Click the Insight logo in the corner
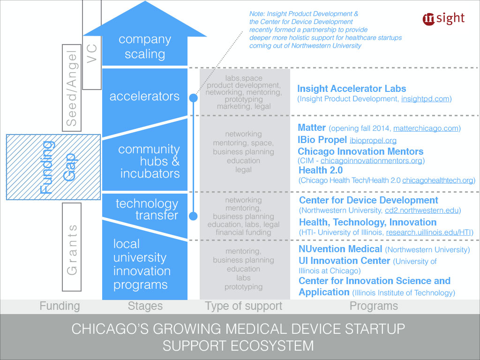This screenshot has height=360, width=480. (443, 18)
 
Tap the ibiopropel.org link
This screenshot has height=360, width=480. (373, 140)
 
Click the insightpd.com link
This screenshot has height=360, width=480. (426, 99)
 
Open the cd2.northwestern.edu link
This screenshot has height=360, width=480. (422, 210)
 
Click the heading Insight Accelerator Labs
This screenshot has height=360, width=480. (352, 89)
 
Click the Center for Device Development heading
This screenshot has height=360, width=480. (368, 200)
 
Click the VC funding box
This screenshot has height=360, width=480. (91, 45)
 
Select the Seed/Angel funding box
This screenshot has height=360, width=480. (72, 87)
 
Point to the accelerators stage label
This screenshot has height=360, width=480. (144, 97)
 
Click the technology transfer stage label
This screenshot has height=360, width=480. (147, 210)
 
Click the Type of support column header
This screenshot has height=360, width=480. (244, 307)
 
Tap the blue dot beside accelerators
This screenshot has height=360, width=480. (193, 98)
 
